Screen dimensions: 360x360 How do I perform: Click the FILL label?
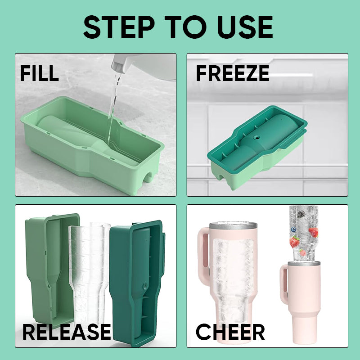[40, 73]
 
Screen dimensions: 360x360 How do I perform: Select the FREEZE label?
[232, 73]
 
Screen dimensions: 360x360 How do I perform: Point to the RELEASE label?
[67, 332]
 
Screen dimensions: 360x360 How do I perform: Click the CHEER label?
[230, 332]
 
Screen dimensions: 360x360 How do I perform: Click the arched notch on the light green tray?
[148, 177]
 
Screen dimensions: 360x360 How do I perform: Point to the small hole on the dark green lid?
[256, 138]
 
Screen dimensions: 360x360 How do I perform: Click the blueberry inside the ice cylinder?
[293, 229]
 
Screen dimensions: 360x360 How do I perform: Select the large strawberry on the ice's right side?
[314, 232]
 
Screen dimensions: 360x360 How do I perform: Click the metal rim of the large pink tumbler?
[233, 226]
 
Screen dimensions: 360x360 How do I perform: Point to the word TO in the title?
[186, 27]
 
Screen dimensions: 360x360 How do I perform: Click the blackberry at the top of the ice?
[301, 215]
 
